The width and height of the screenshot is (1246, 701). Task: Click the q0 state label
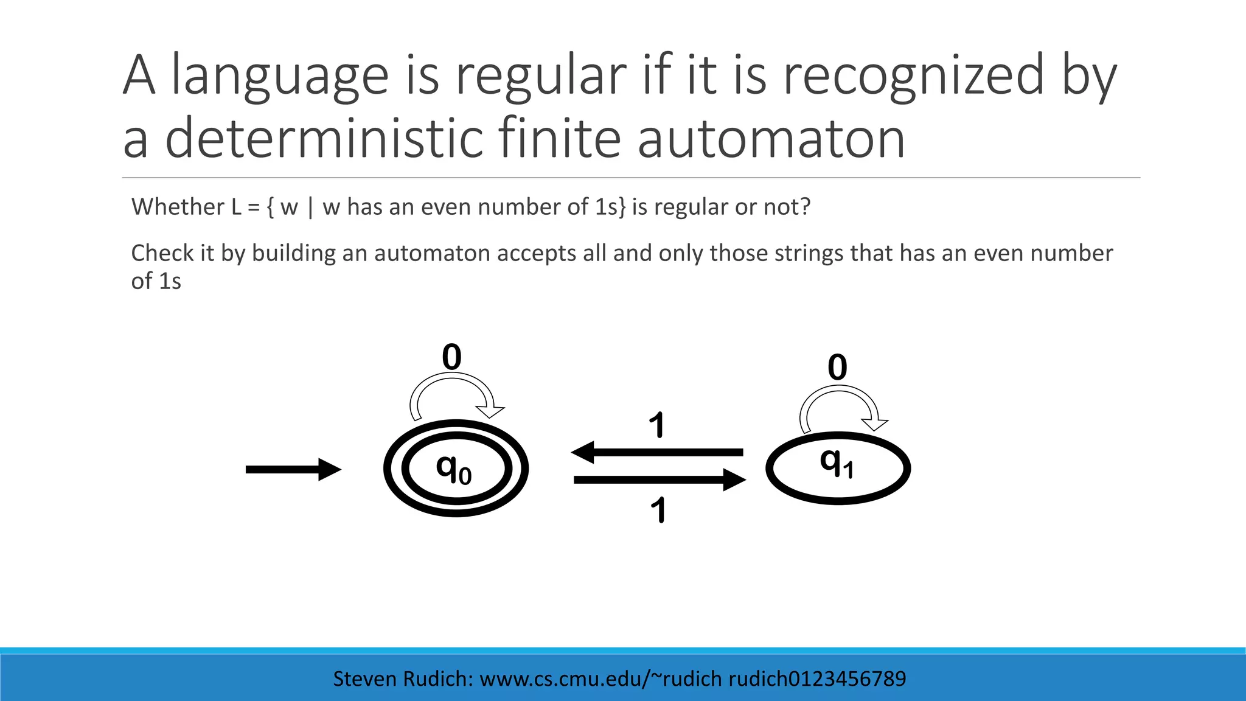pos(454,469)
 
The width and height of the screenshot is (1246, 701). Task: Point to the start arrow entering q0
pos(293,469)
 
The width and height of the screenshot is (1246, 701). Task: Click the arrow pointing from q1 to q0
pos(657,452)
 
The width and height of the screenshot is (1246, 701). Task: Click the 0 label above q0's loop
pos(451,357)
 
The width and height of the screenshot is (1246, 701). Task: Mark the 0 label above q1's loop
pos(837,368)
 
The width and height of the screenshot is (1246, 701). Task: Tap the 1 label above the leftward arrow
pos(656,425)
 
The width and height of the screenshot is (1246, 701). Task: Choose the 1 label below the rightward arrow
pos(658,510)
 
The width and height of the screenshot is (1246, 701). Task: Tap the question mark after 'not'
pos(805,208)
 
